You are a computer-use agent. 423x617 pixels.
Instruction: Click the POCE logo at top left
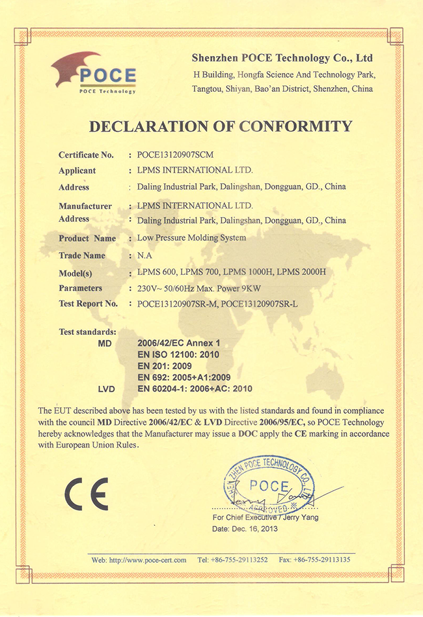(94, 73)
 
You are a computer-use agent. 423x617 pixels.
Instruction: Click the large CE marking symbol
(86, 493)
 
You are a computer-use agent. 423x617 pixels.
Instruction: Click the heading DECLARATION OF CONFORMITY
(220, 126)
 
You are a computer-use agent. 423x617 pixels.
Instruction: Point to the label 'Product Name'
(87, 238)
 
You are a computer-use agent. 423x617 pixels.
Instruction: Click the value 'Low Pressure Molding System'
(192, 238)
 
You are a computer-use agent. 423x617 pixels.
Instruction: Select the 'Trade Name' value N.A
(144, 255)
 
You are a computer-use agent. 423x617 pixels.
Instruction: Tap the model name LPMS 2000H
(301, 272)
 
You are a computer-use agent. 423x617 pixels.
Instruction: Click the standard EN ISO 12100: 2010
(179, 354)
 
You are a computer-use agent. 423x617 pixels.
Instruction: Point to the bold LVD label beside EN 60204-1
(106, 389)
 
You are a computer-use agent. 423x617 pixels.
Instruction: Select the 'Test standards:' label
(88, 332)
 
